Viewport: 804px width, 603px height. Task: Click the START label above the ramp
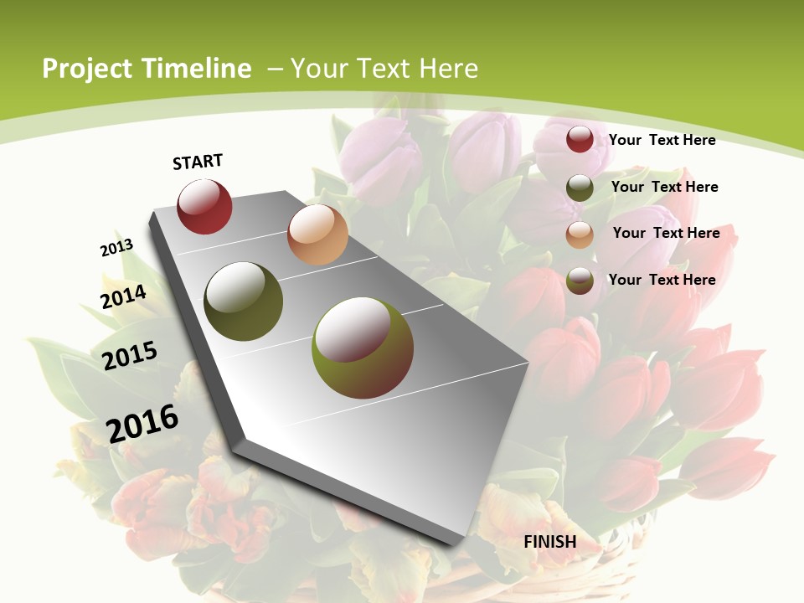click(x=198, y=162)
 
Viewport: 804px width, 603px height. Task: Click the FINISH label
click(x=550, y=542)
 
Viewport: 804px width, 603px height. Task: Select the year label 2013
click(x=116, y=248)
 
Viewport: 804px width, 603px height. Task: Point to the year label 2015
click(x=130, y=355)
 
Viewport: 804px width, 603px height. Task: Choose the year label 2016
click(x=142, y=423)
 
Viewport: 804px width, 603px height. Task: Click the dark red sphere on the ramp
click(x=204, y=206)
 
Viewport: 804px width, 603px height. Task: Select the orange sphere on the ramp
click(x=317, y=234)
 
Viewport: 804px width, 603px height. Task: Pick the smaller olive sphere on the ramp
click(x=244, y=301)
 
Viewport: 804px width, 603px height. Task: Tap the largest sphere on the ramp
click(x=363, y=348)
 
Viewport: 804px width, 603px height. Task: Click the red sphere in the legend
click(x=580, y=139)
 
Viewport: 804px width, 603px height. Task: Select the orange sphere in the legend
click(x=580, y=234)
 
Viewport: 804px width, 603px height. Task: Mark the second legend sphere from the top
click(x=580, y=188)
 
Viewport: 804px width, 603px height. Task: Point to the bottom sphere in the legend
click(x=580, y=281)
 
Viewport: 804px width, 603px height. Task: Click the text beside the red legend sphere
click(x=662, y=140)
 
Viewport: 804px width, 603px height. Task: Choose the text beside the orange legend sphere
click(x=666, y=233)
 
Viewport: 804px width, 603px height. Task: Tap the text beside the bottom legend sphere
click(x=662, y=279)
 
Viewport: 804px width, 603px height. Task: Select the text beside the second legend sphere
click(x=664, y=187)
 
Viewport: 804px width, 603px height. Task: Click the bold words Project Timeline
click(x=147, y=69)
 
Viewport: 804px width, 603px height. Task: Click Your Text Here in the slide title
click(x=384, y=69)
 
